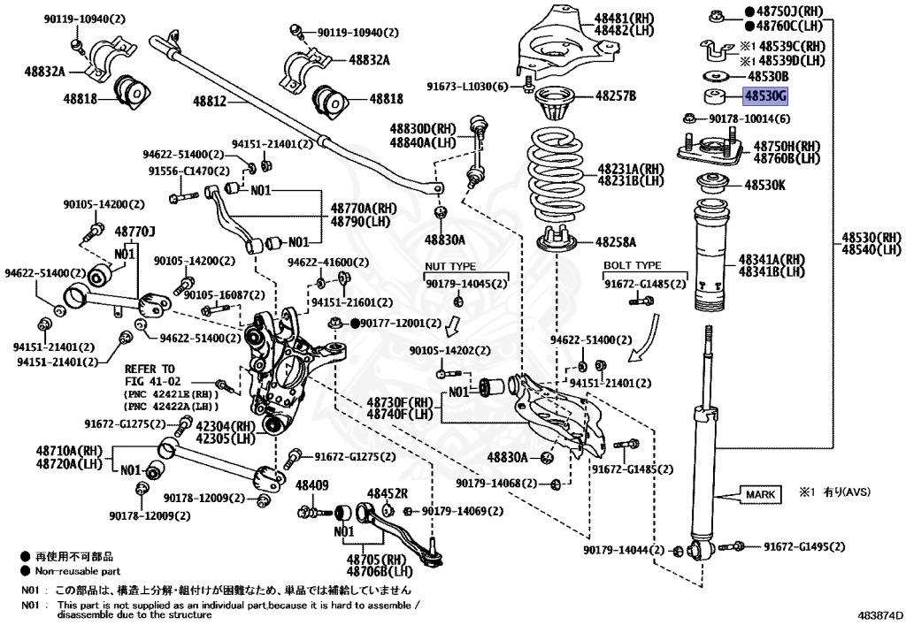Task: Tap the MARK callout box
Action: tap(761, 493)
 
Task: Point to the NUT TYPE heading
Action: tap(450, 266)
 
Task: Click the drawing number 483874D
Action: tap(880, 614)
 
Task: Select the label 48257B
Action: tap(616, 95)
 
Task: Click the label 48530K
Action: tap(764, 186)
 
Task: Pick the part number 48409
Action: tap(311, 485)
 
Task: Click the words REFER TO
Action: tap(150, 368)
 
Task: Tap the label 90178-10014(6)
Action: tap(748, 118)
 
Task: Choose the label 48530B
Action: tap(765, 77)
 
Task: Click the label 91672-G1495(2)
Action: tap(804, 546)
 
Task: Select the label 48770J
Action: tap(135, 231)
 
